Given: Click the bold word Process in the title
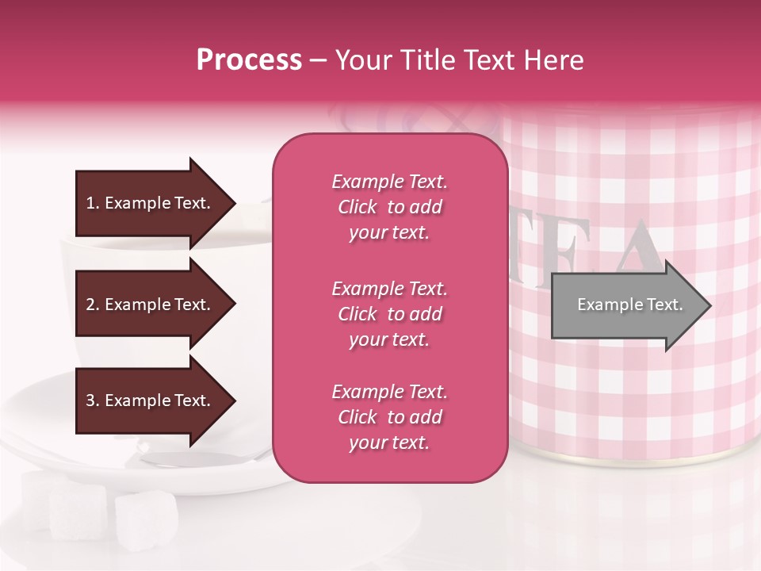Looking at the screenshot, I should coord(249,60).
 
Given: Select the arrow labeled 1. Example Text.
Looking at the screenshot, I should coord(151,203).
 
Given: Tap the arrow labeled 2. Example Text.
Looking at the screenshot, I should coord(151,305).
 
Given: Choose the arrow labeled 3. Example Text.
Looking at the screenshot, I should coord(151,400).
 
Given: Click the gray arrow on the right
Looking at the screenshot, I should coord(626,305).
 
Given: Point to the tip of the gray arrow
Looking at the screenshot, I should coord(709,305).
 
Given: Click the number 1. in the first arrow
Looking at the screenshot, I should coord(93,203).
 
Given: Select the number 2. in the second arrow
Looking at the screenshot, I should coord(93,305).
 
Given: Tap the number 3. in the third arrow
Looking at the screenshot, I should coord(93,400).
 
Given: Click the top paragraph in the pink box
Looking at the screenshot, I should coord(389,207).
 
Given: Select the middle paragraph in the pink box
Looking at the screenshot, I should coord(389,314).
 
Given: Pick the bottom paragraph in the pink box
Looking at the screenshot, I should coord(389,417).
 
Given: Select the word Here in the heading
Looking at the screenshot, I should coord(554,60).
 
